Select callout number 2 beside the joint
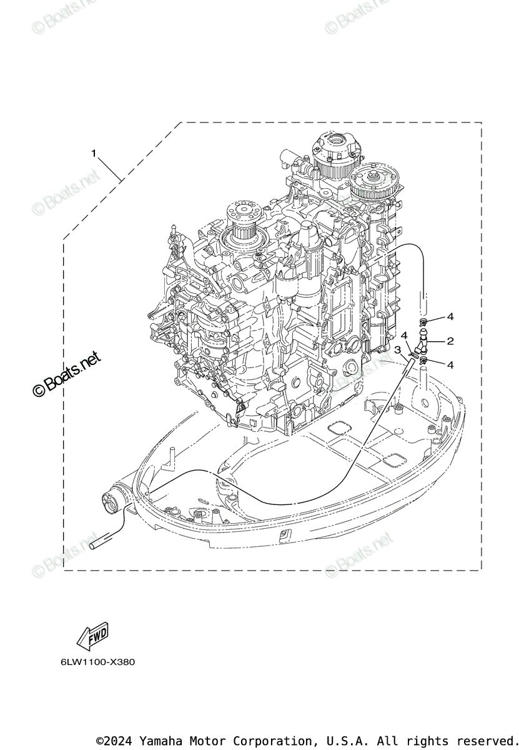click(x=450, y=341)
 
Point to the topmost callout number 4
click(x=450, y=317)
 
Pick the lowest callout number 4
click(x=450, y=364)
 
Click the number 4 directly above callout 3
click(x=404, y=336)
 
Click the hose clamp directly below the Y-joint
click(x=424, y=360)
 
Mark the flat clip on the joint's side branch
click(x=412, y=354)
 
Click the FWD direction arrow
click(x=92, y=637)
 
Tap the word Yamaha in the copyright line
click(x=161, y=741)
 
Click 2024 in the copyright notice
click(x=122, y=741)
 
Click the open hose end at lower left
click(x=96, y=546)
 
